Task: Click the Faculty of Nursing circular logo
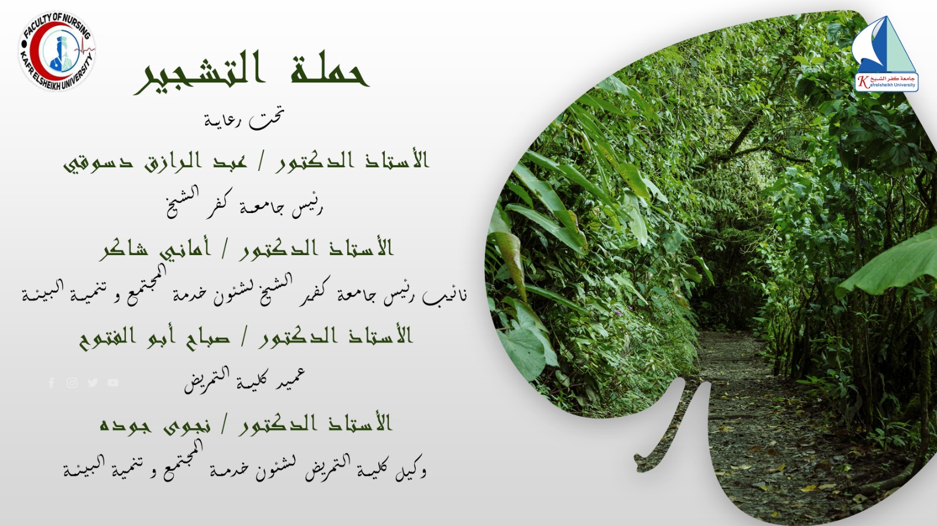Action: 57,51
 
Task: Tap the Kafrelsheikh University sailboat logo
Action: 884,54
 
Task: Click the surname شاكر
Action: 124,250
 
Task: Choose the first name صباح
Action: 208,338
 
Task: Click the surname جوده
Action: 124,425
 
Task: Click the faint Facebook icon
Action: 52,383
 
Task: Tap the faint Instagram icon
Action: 72,383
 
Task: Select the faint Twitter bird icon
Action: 93,383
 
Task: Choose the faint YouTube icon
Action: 113,383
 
